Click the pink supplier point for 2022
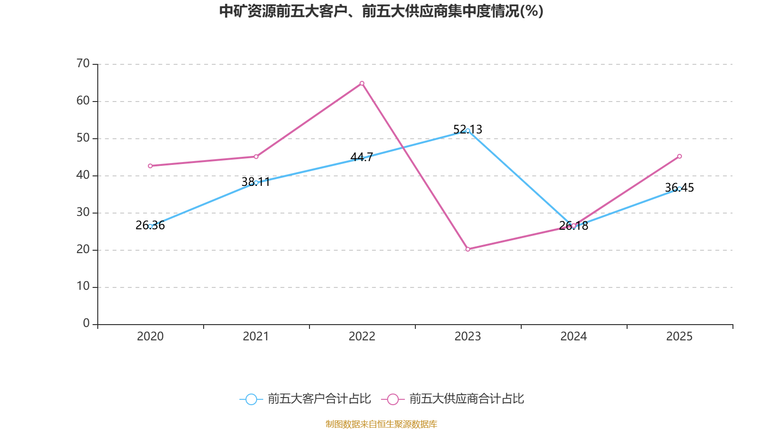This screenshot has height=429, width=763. pyautogui.click(x=362, y=83)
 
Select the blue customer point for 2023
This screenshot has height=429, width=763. pyautogui.click(x=468, y=131)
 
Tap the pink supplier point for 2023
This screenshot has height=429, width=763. pyautogui.click(x=468, y=249)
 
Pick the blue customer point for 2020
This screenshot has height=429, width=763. pyautogui.click(x=150, y=226)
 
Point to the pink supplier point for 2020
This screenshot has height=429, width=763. pyautogui.click(x=150, y=166)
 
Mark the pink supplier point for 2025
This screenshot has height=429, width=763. pyautogui.click(x=680, y=156)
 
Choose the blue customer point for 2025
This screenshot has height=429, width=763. pyautogui.click(x=680, y=189)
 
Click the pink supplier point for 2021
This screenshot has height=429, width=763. pyautogui.click(x=256, y=157)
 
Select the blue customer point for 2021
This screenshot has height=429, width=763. pyautogui.click(x=256, y=183)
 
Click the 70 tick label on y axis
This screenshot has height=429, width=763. pyautogui.click(x=83, y=63)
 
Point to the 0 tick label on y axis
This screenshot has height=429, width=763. pyautogui.click(x=86, y=324)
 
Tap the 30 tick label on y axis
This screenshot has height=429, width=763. pyautogui.click(x=83, y=212)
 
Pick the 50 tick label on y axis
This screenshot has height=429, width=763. pyautogui.click(x=83, y=138)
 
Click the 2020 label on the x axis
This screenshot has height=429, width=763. pyautogui.click(x=150, y=337)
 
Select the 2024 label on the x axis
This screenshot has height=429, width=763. pyautogui.click(x=574, y=337)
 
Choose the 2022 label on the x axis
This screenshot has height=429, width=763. pyautogui.click(x=362, y=337)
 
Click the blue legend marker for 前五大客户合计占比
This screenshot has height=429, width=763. pyautogui.click(x=251, y=399)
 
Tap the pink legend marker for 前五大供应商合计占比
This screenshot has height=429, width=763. pyautogui.click(x=393, y=399)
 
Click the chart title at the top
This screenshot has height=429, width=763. pyautogui.click(x=381, y=11)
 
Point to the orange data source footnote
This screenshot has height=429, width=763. pyautogui.click(x=381, y=424)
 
